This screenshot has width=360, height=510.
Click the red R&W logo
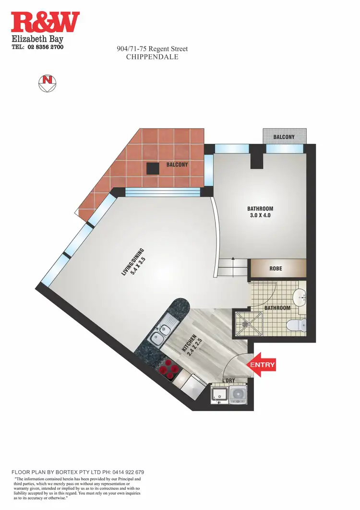pos(45,23)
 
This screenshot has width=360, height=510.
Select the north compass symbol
pos(46,83)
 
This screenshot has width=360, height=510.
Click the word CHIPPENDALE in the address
pos(152,57)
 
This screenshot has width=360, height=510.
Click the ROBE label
pos(276,269)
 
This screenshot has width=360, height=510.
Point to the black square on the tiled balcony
pos(153,168)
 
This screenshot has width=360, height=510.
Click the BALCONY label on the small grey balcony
pos(284,137)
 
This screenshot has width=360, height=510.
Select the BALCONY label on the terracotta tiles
pos(177,165)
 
